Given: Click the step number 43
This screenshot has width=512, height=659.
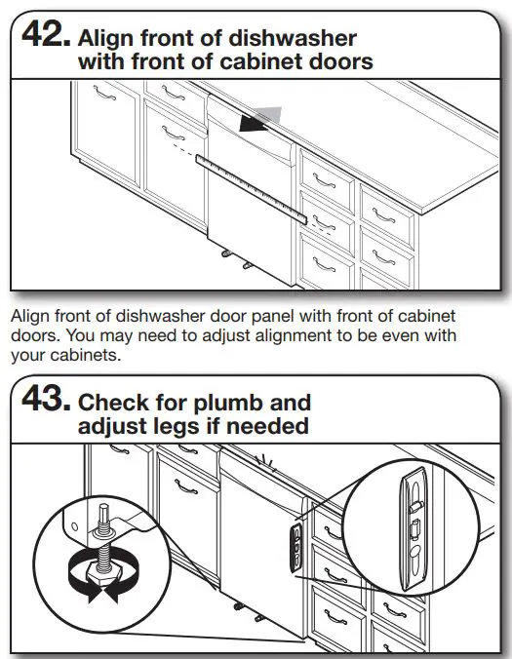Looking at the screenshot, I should pyautogui.click(x=44, y=404).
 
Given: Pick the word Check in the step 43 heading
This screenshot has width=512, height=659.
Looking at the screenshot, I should pyautogui.click(x=112, y=403).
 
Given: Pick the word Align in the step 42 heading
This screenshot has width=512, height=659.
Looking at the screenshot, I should pyautogui.click(x=103, y=39).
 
